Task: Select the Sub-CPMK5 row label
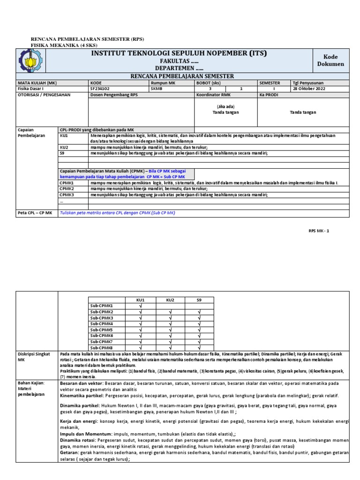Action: [101, 330]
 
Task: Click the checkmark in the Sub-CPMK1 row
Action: [140, 306]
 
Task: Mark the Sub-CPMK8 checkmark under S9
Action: [200, 348]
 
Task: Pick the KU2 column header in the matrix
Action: [170, 300]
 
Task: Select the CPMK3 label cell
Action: [67, 195]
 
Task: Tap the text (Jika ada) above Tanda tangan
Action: [225, 106]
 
